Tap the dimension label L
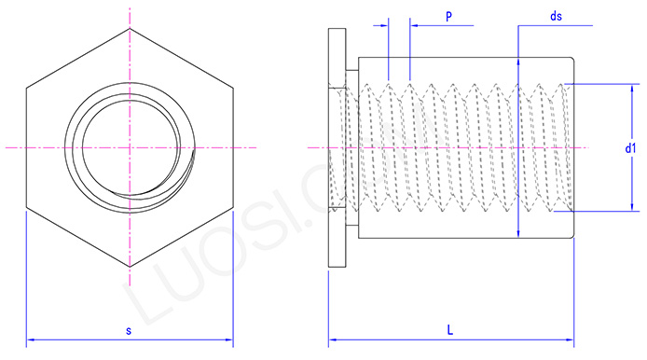pos(450,330)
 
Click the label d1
pos(630,148)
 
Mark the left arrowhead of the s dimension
pos(30,339)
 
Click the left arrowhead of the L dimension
pos(332,339)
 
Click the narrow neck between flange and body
pos(351,148)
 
